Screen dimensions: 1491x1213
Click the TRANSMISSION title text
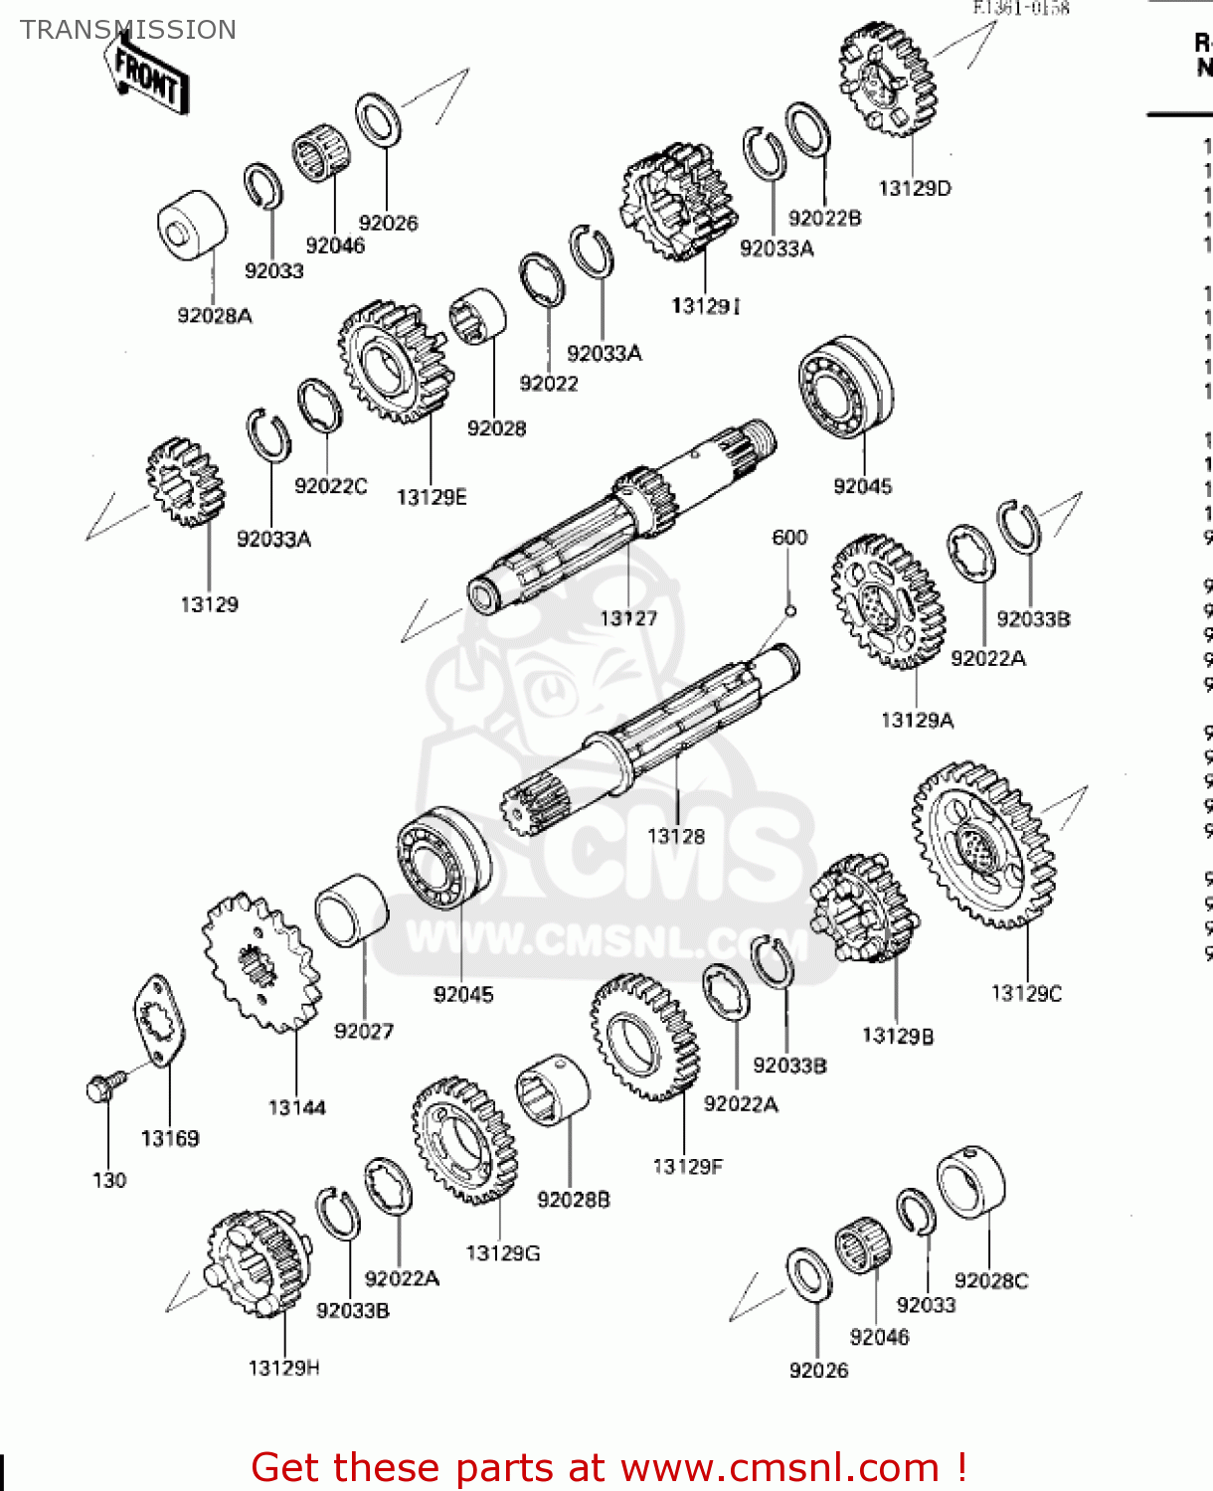128,30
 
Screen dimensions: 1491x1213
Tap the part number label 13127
628,618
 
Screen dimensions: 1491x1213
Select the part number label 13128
676,836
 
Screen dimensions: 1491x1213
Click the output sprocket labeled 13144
261,962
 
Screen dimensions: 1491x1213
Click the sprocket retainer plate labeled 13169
160,1023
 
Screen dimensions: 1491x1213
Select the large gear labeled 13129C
983,846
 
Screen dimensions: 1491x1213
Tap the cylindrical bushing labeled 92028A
191,228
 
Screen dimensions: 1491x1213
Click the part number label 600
789,538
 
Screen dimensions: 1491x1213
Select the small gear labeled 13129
186,482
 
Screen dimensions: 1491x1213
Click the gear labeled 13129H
258,1262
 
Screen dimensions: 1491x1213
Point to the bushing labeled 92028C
971,1183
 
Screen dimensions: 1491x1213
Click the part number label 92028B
574,1200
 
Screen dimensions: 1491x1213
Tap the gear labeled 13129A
887,602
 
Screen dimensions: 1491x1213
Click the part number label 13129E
432,497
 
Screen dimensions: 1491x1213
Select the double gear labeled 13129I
680,203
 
